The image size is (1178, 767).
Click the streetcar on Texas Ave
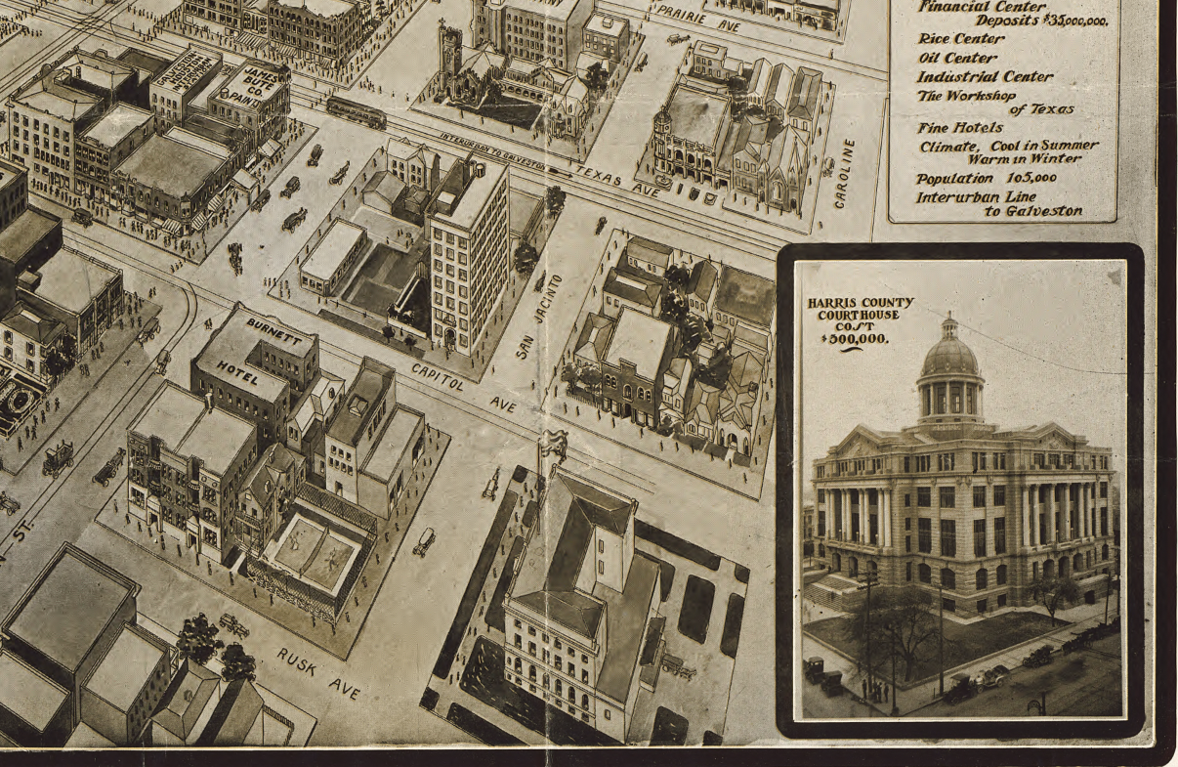point(356,111)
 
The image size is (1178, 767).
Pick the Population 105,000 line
point(986,179)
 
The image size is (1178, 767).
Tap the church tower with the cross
point(449,54)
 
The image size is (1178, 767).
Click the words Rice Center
point(960,39)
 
